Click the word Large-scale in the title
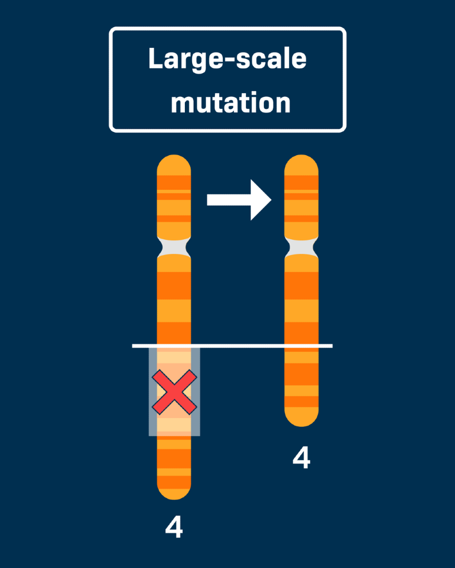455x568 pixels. (x=227, y=59)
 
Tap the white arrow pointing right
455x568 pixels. (x=239, y=199)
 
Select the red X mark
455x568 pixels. (x=174, y=392)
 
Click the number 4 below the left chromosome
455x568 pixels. (x=174, y=527)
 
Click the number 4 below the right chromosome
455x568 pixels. (x=301, y=458)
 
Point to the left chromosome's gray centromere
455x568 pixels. (x=174, y=246)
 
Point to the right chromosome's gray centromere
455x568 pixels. (x=301, y=246)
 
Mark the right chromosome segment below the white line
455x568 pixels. (x=301, y=381)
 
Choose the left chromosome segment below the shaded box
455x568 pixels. (x=174, y=463)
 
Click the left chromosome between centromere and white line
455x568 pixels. (x=174, y=300)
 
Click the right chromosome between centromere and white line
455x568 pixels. (x=301, y=300)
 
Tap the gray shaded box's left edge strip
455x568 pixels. (x=153, y=392)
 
